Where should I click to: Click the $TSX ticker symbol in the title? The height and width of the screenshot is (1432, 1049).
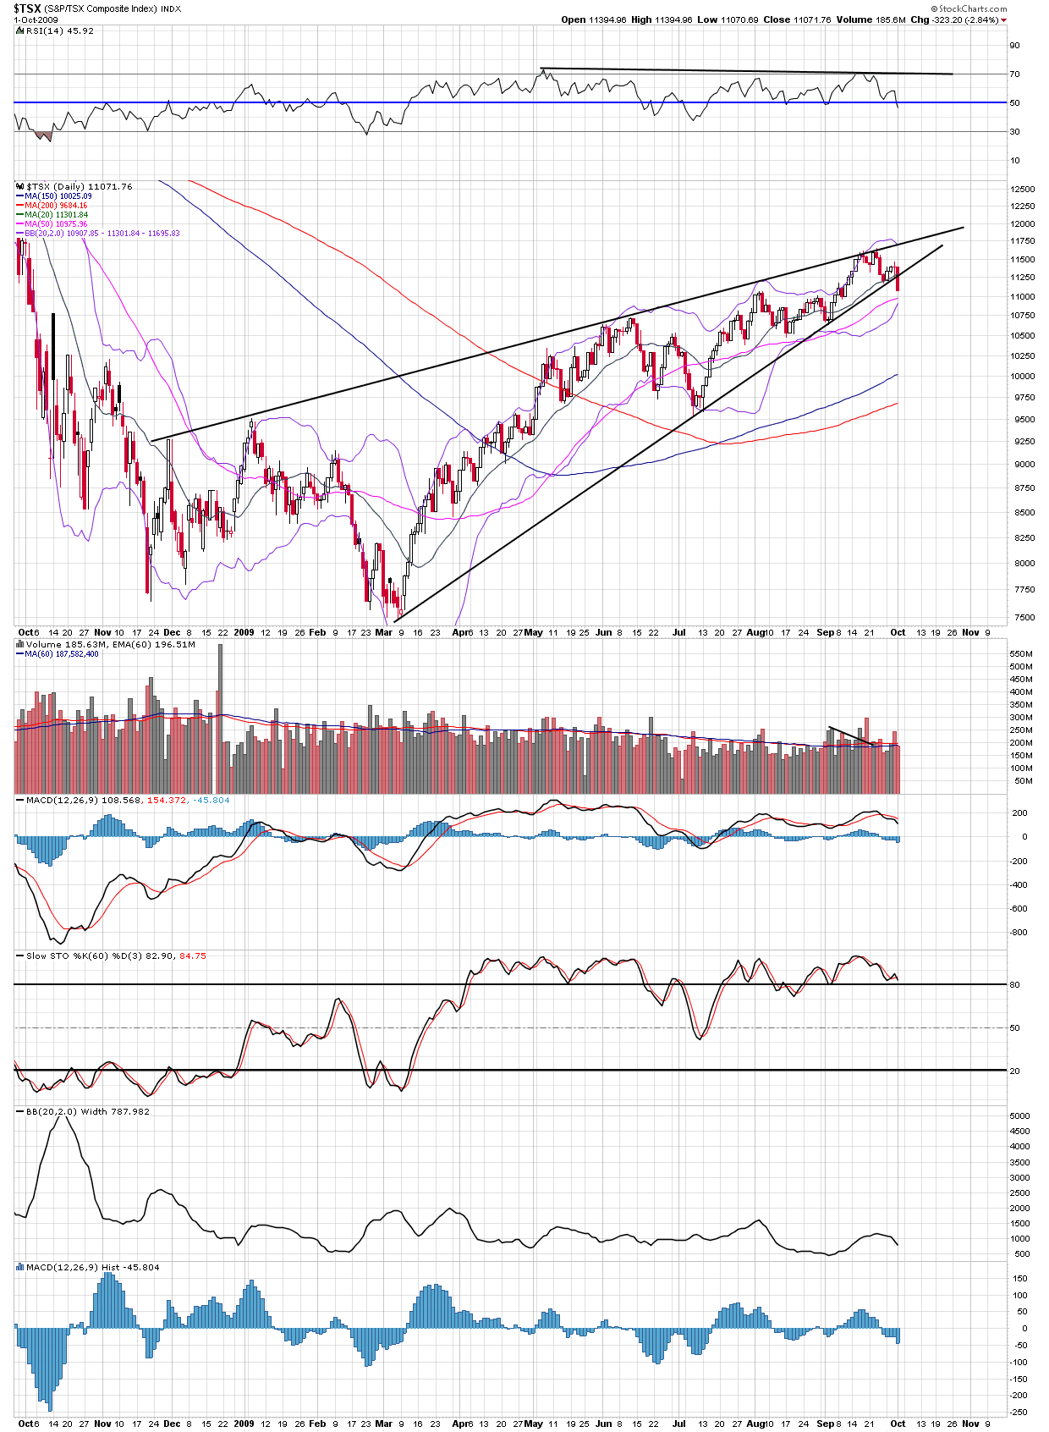click(x=27, y=8)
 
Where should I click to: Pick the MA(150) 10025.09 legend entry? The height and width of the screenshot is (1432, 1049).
click(x=58, y=196)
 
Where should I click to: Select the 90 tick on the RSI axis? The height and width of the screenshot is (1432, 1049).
click(x=1014, y=46)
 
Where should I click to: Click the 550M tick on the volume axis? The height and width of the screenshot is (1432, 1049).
click(x=1021, y=653)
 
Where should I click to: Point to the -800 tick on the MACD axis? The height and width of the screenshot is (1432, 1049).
click(x=1019, y=932)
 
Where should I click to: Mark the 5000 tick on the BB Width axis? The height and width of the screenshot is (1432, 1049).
click(x=1019, y=1115)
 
